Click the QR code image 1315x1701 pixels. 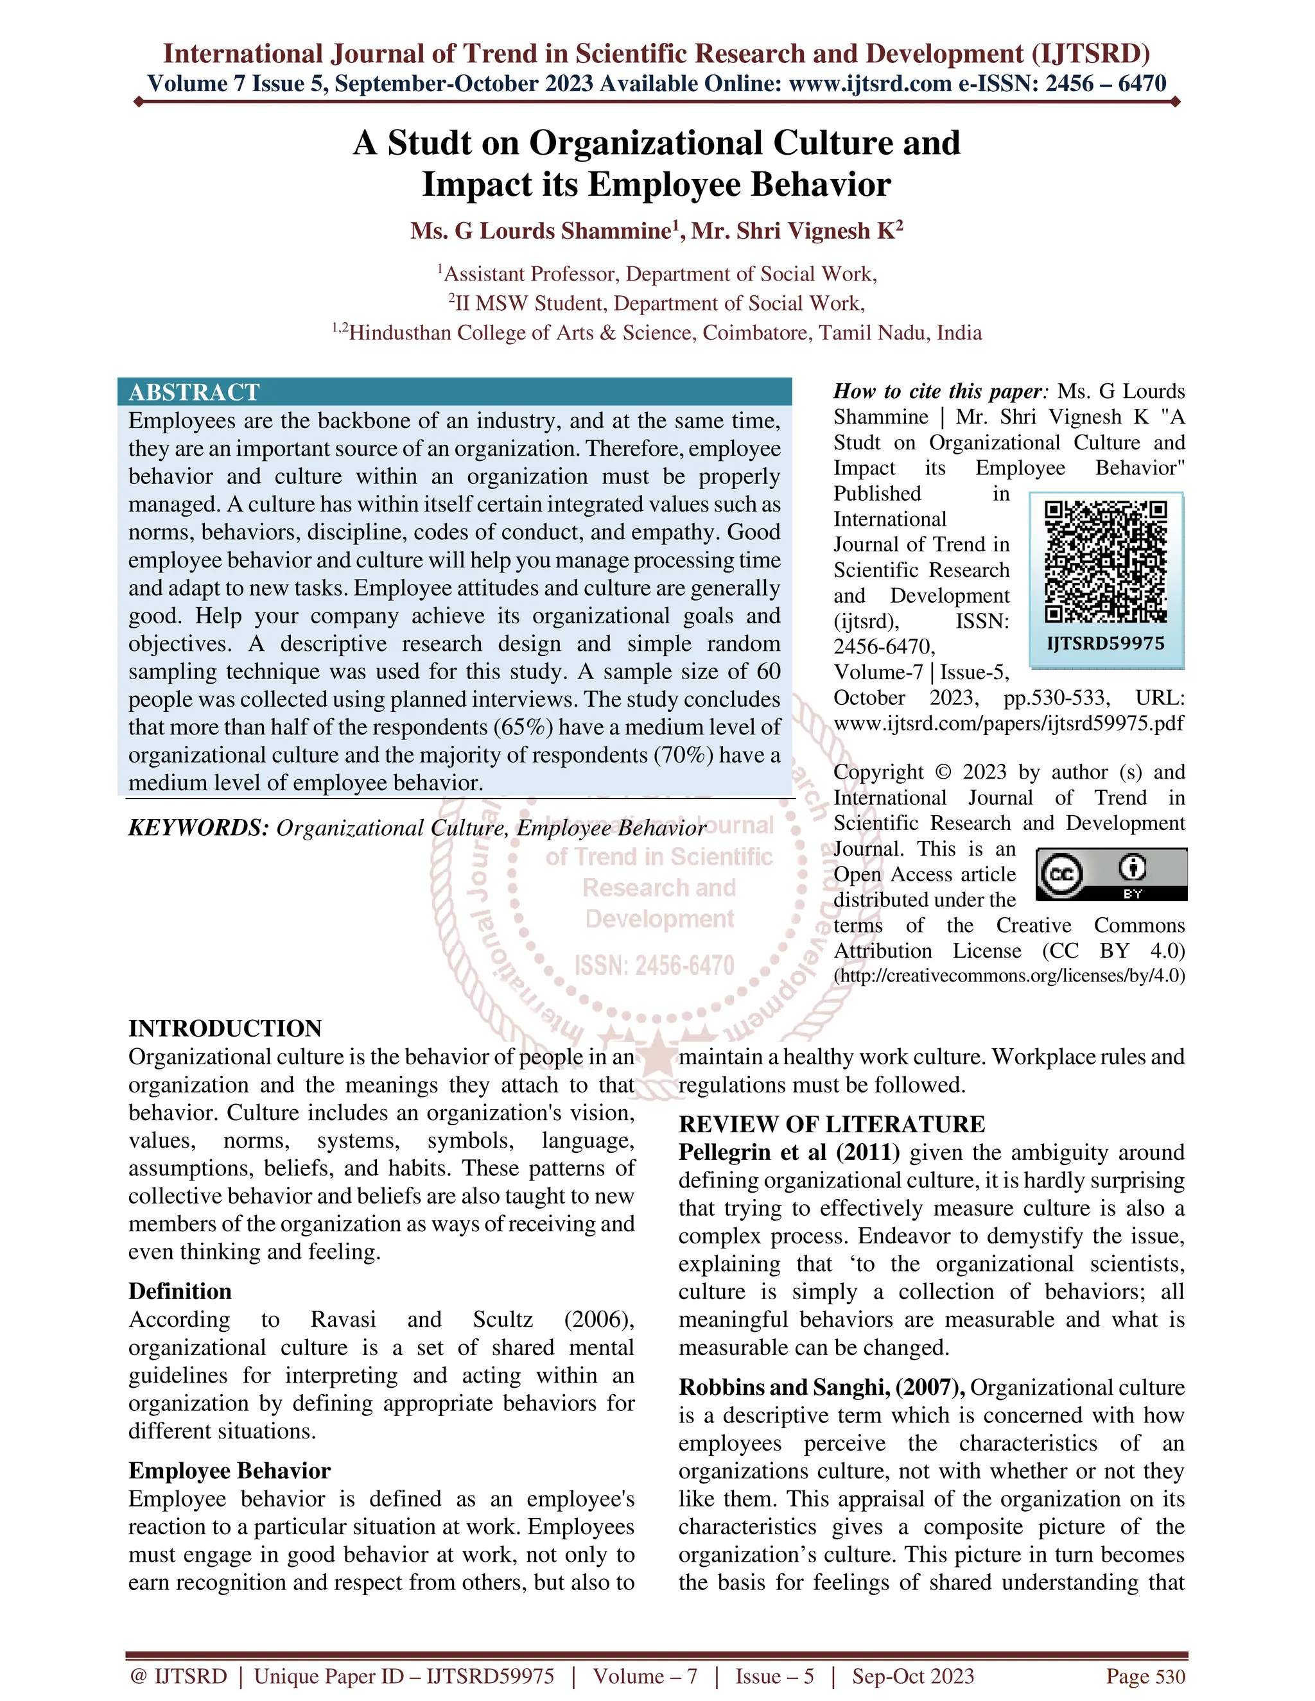point(1106,562)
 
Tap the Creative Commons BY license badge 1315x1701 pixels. point(1111,874)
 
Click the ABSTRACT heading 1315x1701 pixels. point(194,392)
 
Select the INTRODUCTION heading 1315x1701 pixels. point(225,1028)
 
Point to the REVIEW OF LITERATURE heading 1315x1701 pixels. point(832,1124)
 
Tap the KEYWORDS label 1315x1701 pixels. point(198,828)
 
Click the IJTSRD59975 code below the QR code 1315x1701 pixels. point(1106,643)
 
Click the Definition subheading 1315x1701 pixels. point(180,1291)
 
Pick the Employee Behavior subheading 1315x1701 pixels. point(230,1471)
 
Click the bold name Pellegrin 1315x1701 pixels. point(727,1152)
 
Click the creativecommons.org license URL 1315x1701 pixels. point(1009,976)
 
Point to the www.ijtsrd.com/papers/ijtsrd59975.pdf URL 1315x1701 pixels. point(1009,723)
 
